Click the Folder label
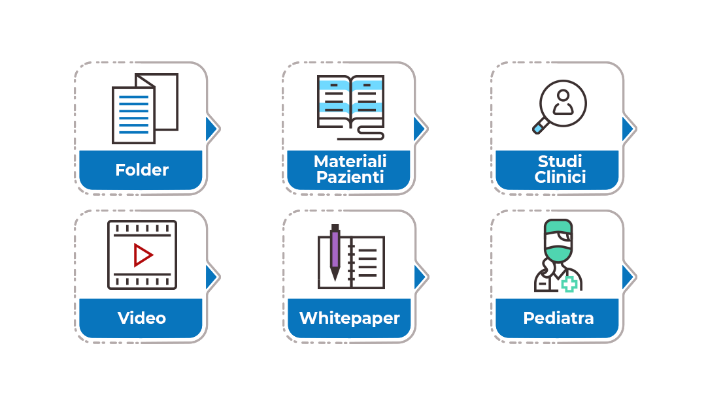point(142,170)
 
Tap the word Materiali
point(350,161)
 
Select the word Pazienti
point(350,177)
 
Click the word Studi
point(560,161)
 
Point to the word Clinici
point(560,177)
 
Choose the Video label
point(142,318)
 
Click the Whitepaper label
point(350,319)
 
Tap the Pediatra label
point(558,318)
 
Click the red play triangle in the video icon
point(143,255)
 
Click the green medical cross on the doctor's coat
point(569,284)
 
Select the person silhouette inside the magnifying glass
point(563,102)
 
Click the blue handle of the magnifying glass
point(539,128)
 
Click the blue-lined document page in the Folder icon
point(133,115)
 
